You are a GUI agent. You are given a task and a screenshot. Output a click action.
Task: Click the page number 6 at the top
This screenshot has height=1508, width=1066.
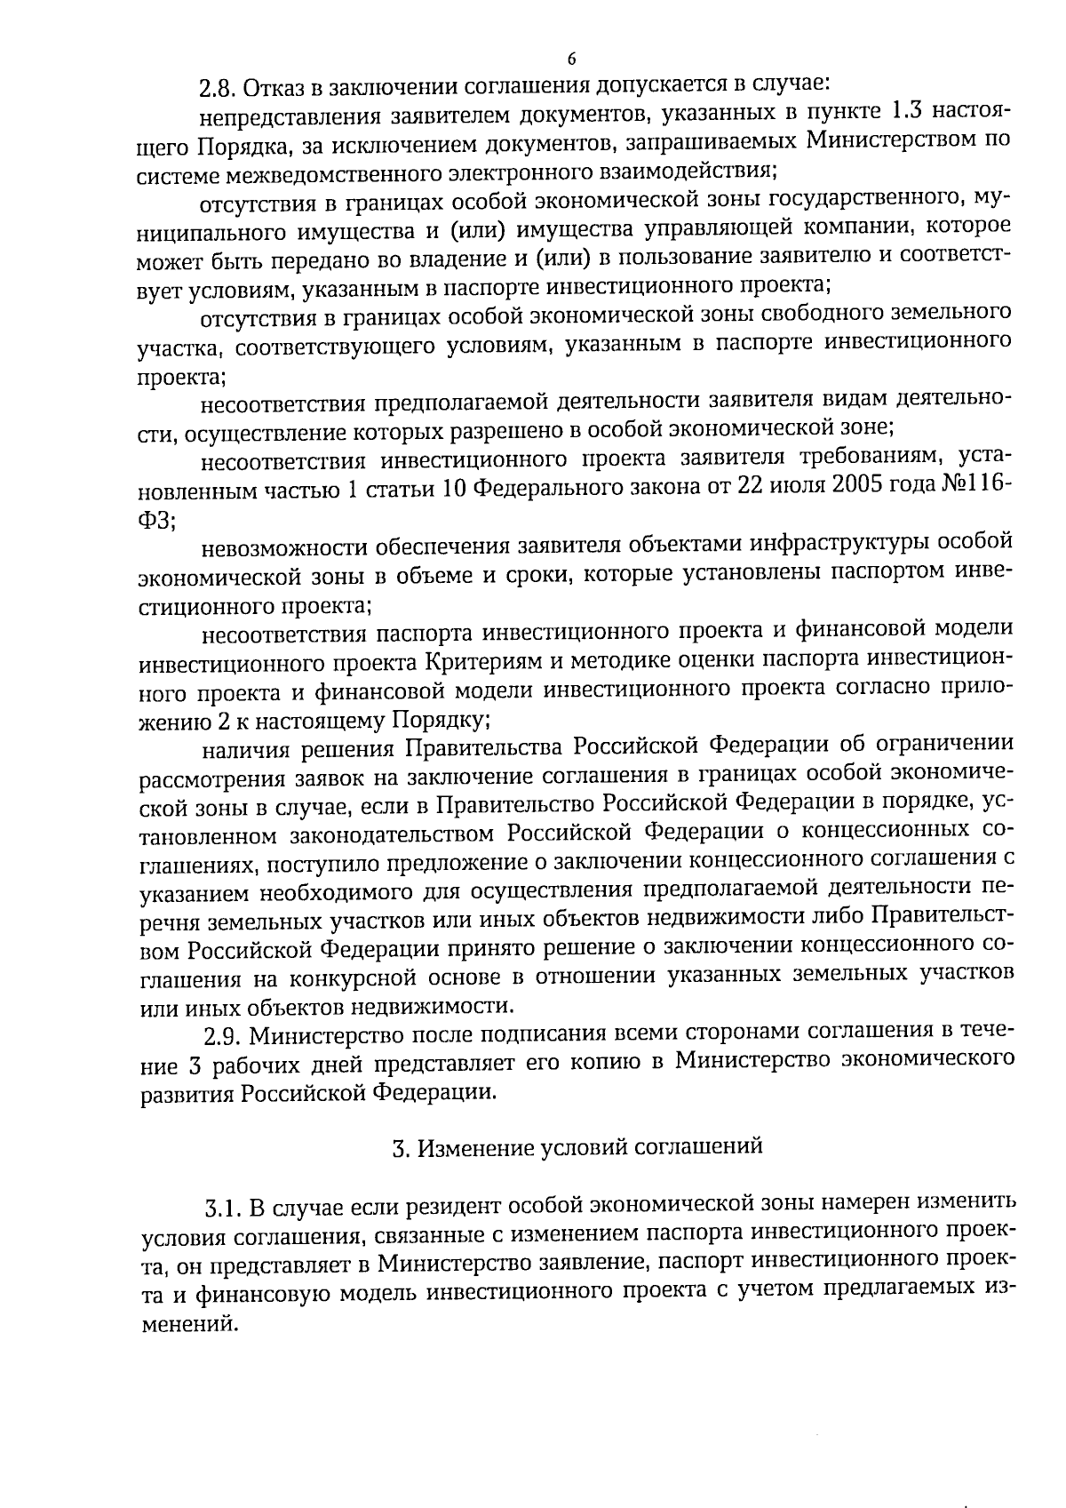[571, 59]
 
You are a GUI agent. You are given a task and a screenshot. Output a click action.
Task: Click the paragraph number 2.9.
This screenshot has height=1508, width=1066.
[222, 1036]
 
